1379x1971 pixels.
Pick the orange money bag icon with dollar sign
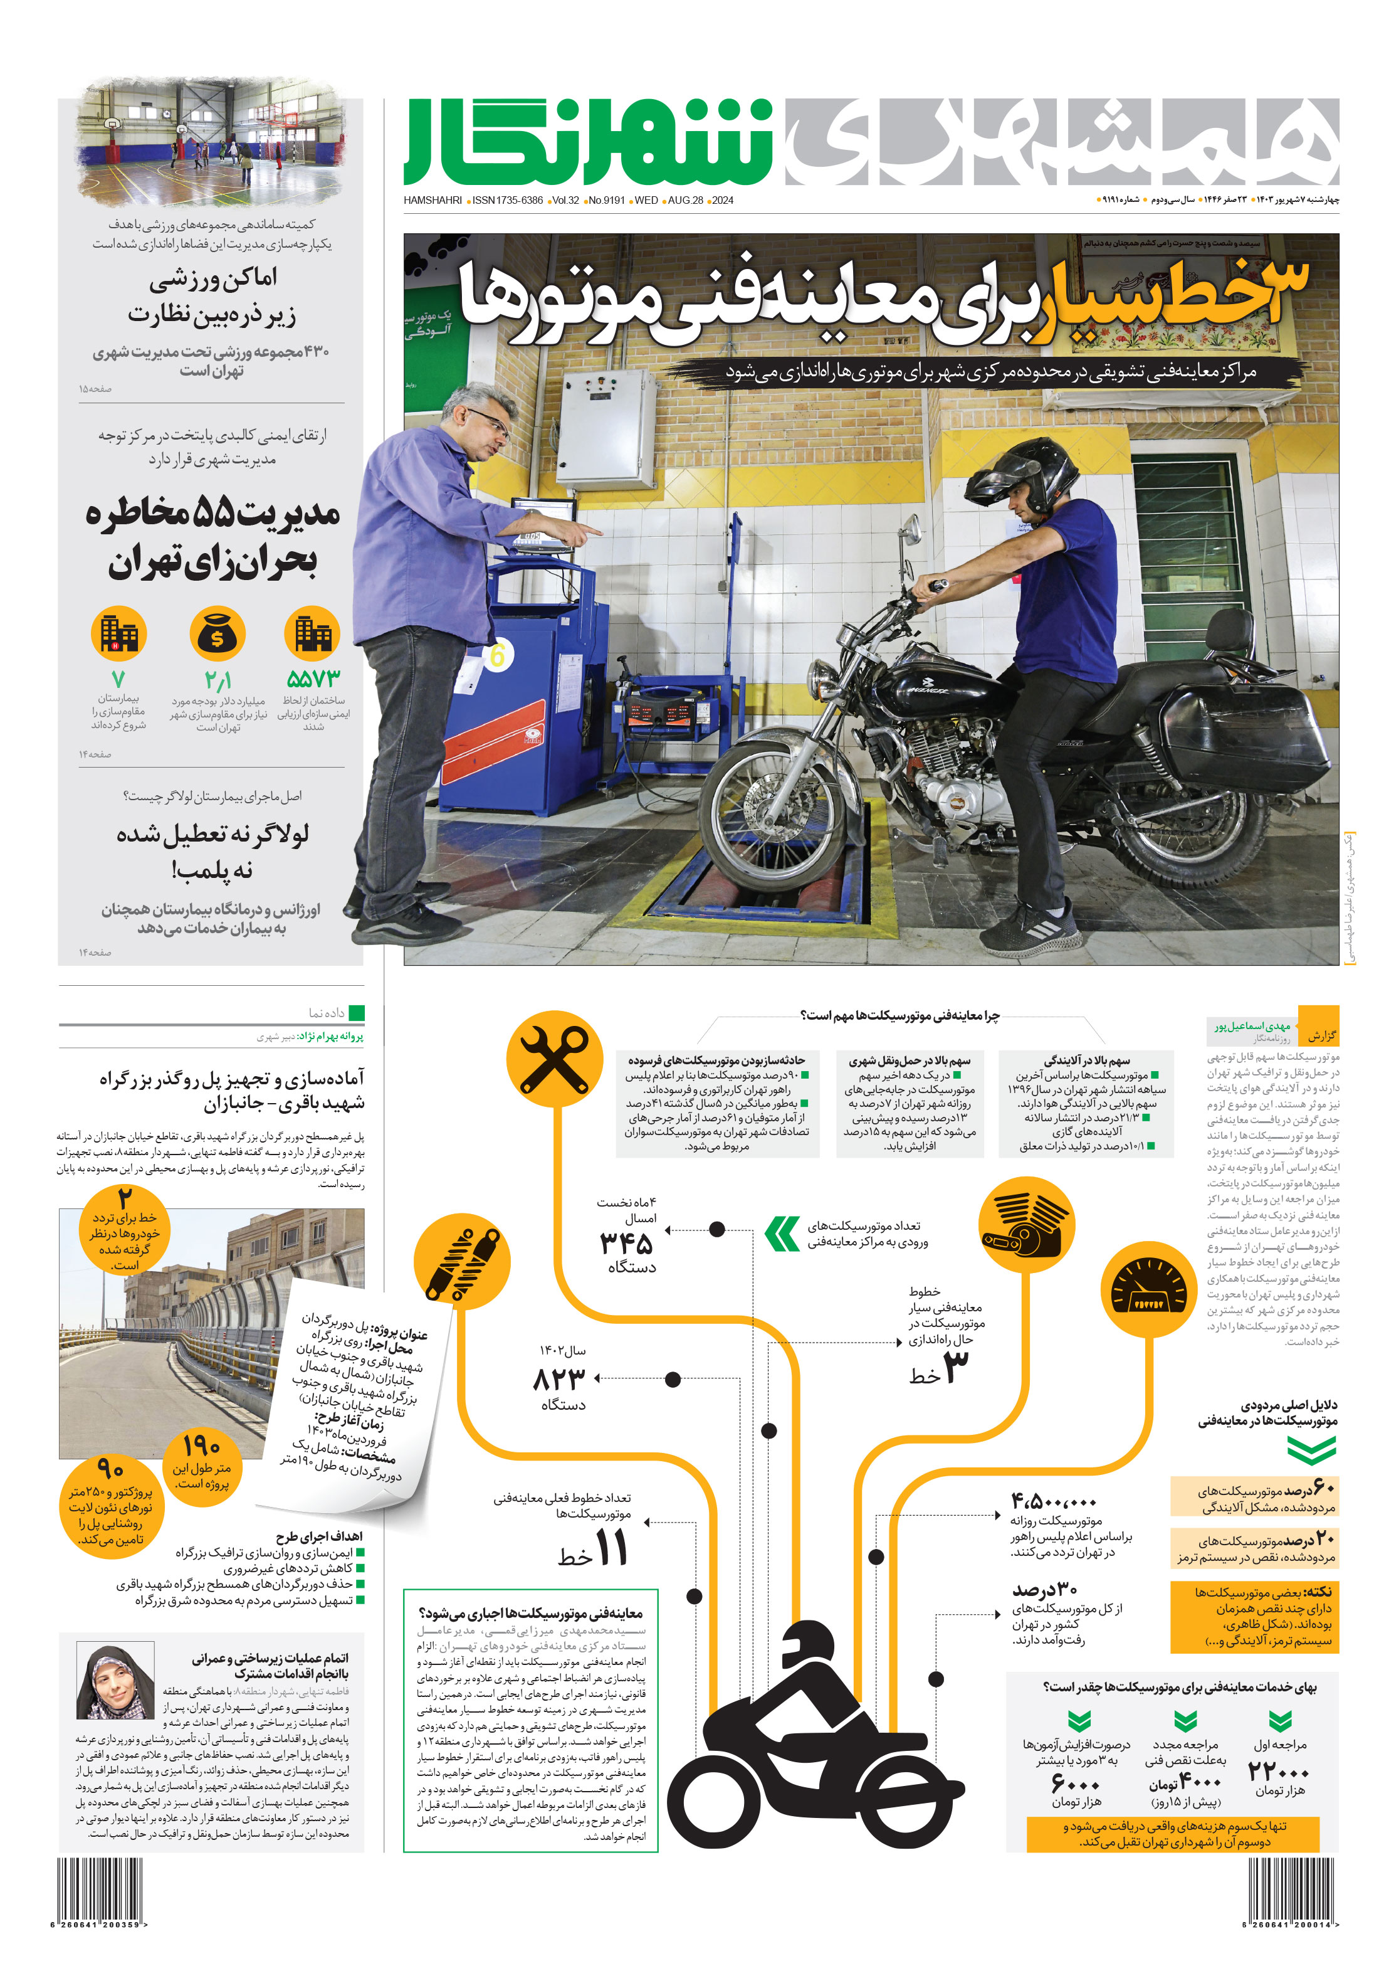tap(217, 635)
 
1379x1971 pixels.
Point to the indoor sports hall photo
tap(212, 142)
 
